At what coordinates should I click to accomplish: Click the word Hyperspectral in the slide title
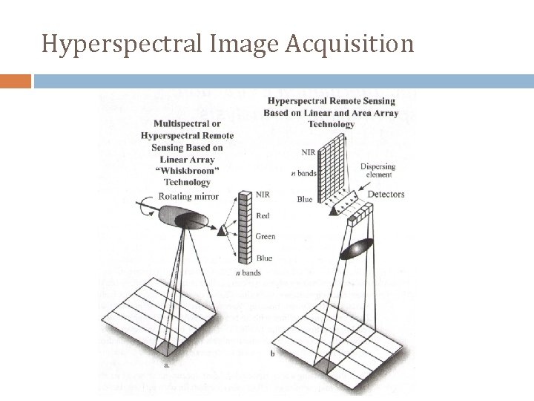pyautogui.click(x=107, y=44)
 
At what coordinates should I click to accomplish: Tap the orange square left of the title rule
pyautogui.click(x=16, y=81)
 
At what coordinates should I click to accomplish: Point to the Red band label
pyautogui.click(x=263, y=215)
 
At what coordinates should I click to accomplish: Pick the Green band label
pyautogui.click(x=266, y=237)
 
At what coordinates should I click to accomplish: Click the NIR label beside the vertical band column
pyautogui.click(x=263, y=195)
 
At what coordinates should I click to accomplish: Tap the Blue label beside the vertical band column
pyautogui.click(x=263, y=258)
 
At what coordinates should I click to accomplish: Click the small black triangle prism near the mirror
pyautogui.click(x=222, y=232)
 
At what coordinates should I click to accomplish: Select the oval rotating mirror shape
pyautogui.click(x=191, y=221)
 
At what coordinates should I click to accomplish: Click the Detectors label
pyautogui.click(x=386, y=194)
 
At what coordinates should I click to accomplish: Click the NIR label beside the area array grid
pyautogui.click(x=309, y=152)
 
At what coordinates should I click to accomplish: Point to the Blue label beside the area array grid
pyautogui.click(x=305, y=199)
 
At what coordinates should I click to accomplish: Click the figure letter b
pyautogui.click(x=273, y=353)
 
